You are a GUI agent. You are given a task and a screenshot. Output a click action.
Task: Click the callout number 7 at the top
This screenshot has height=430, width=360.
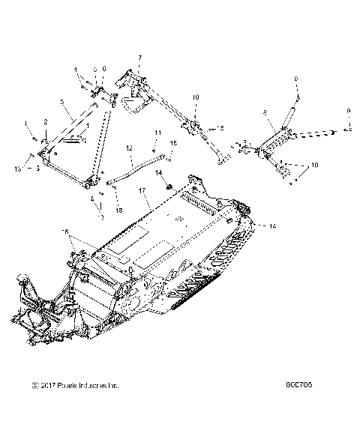click(139, 57)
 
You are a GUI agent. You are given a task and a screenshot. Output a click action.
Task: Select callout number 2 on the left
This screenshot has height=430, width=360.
click(45, 121)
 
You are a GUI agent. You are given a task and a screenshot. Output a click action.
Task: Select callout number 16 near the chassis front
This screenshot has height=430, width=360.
click(64, 233)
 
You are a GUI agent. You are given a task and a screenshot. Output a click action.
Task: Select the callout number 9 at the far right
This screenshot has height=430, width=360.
click(349, 112)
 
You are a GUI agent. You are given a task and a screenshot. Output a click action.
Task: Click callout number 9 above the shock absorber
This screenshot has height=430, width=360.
click(295, 78)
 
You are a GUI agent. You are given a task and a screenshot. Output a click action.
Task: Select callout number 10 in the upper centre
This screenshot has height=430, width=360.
click(196, 97)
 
